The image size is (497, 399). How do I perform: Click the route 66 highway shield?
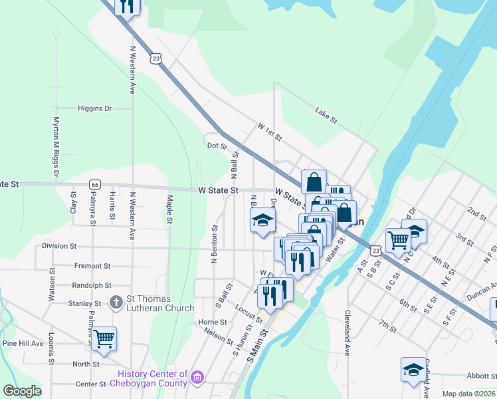point(96,184)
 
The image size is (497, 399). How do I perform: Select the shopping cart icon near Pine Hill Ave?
point(104,338)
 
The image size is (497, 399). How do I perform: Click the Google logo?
point(22,391)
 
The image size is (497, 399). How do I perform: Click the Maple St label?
point(170,209)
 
